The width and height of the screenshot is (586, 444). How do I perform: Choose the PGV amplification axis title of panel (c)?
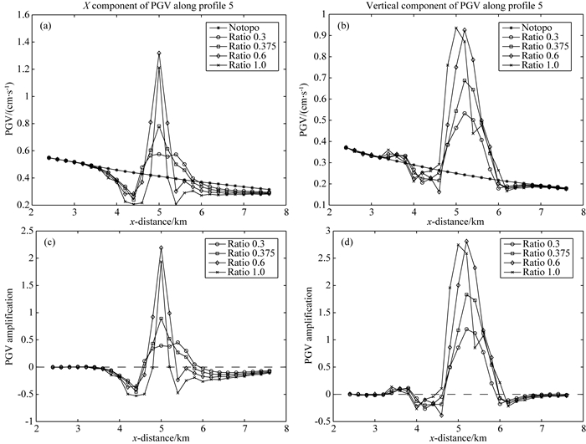pos(9,326)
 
